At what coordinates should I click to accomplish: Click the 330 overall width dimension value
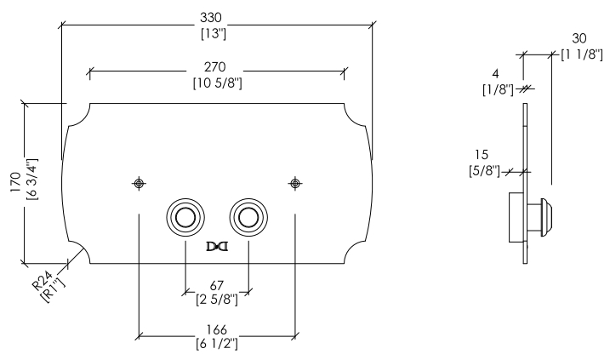pos(211,18)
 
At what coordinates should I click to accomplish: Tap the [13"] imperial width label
pos(214,34)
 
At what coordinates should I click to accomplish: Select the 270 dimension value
pos(214,67)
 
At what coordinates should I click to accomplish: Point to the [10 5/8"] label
pos(218,83)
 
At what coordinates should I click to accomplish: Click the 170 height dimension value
pos(16,182)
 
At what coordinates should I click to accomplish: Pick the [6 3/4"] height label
pos(31,179)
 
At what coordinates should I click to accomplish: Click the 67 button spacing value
pos(217,286)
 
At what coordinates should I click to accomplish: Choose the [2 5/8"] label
pos(217,300)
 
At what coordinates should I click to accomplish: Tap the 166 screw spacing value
pos(216,329)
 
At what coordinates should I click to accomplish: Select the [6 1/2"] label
pos(217,344)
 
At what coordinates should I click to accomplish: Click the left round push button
pos(185,217)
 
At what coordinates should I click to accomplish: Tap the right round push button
pos(248,217)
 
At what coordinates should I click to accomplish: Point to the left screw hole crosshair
pos(139,183)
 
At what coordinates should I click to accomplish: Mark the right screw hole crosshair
pos(295,183)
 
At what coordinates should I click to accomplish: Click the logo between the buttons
pos(217,247)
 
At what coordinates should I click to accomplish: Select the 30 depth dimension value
pos(579,38)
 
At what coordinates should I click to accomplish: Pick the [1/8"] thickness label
pos(498,90)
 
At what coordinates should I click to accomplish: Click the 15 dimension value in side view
pos(482,155)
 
